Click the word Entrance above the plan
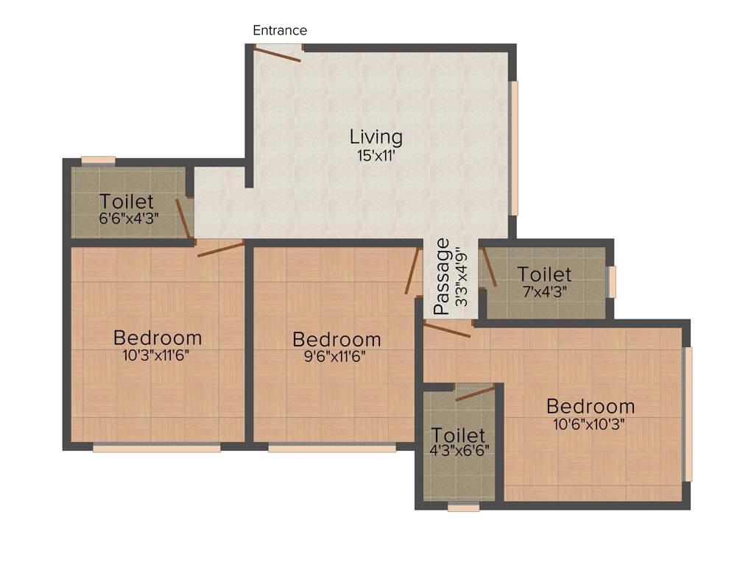280,31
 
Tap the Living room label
376,137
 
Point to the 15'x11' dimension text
376,155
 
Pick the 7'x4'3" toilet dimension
544,291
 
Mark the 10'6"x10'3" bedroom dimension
591,424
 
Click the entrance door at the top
278,52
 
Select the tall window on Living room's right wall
515,148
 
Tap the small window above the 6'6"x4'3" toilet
98,160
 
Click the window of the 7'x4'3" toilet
610,282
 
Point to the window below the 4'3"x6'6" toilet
463,507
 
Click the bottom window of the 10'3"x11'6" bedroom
156,447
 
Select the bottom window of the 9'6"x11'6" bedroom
331,447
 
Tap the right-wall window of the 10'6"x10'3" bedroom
688,413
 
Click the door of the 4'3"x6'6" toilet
475,393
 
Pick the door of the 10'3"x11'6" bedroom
220,248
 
